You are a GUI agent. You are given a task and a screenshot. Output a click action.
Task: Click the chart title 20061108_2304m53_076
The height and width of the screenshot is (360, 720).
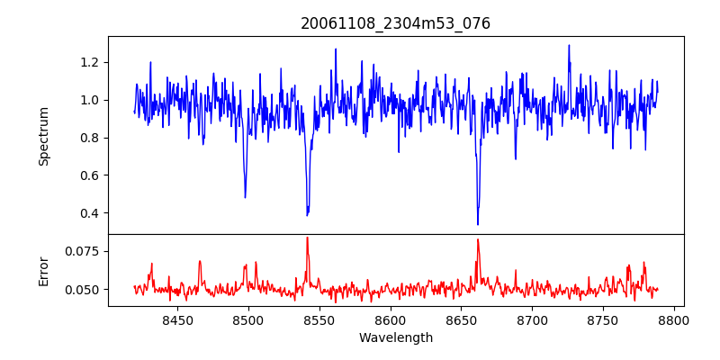point(395,23)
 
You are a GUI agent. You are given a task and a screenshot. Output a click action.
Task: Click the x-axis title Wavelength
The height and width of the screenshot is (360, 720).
point(395,338)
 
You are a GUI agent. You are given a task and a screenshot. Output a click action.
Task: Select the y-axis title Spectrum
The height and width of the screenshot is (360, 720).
point(43,135)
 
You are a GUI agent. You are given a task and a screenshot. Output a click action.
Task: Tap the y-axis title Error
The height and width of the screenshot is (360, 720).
point(43,270)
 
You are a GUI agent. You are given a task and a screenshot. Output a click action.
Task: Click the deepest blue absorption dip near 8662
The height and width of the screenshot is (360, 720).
point(478,224)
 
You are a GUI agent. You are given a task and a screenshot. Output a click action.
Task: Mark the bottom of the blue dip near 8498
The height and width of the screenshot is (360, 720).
point(245,197)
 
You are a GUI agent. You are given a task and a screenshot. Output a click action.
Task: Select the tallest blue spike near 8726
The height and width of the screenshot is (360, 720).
point(569,45)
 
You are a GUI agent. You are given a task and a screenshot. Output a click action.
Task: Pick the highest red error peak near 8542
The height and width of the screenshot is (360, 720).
point(307,238)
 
